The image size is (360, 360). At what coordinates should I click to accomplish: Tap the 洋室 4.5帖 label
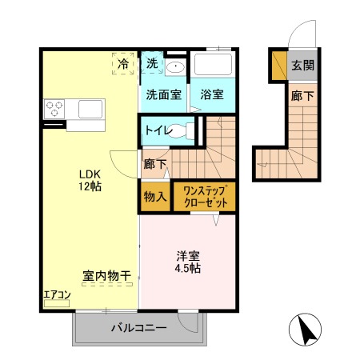pyautogui.click(x=189, y=262)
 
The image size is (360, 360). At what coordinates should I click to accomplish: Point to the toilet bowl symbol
pyautogui.click(x=187, y=130)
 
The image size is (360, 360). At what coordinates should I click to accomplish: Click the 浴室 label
pyautogui.click(x=212, y=94)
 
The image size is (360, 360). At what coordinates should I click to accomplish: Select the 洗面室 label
pyautogui.click(x=162, y=94)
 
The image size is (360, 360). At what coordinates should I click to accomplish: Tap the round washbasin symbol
pyautogui.click(x=177, y=68)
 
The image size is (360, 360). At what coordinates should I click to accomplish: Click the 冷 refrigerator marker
pyautogui.click(x=124, y=63)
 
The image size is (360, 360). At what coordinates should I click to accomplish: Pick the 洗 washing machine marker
pyautogui.click(x=152, y=63)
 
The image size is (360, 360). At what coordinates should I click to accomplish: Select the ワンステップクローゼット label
pyautogui.click(x=205, y=197)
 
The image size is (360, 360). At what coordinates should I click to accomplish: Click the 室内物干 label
pyautogui.click(x=106, y=276)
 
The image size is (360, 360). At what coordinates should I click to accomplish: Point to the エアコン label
pyautogui.click(x=57, y=295)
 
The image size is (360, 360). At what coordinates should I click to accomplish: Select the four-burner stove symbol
pyautogui.click(x=54, y=107)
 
